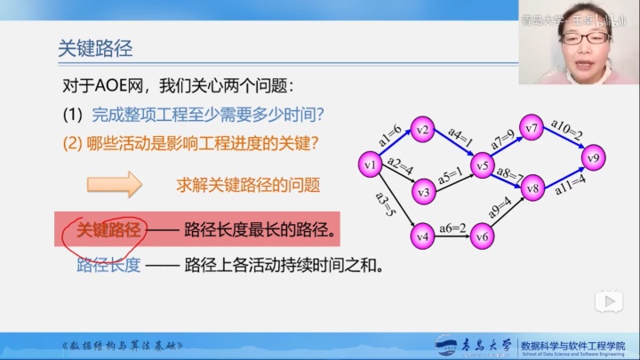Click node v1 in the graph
coord(371,164)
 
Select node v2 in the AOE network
coord(423,132)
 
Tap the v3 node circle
coord(424,190)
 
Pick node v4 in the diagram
coord(423,236)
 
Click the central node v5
coord(483,164)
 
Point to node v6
coord(483,236)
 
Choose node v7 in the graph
coord(532,127)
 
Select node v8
coord(532,188)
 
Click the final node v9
coord(594,158)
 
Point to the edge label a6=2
coord(452,229)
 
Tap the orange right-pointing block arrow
coord(115,185)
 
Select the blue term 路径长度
coord(108,265)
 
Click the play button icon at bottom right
coord(609,302)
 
